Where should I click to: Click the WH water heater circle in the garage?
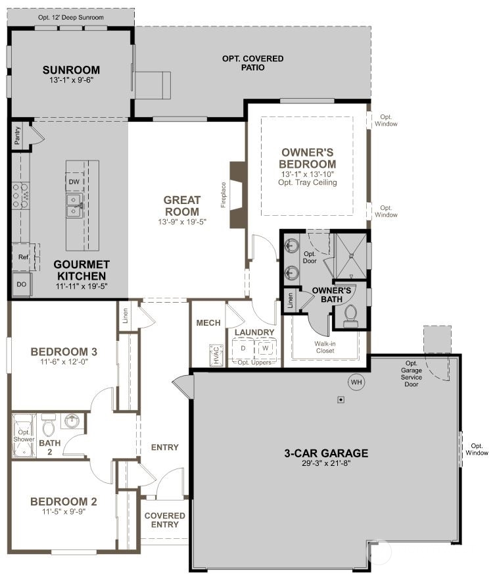pyautogui.click(x=356, y=382)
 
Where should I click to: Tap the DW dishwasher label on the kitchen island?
pyautogui.click(x=74, y=182)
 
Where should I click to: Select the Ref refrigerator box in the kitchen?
pyautogui.click(x=24, y=257)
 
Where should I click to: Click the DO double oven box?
pyautogui.click(x=22, y=284)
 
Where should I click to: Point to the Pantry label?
pyautogui.click(x=17, y=136)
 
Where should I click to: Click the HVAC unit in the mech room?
pyautogui.click(x=216, y=355)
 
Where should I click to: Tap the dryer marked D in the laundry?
pyautogui.click(x=243, y=348)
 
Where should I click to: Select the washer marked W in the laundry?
pyautogui.click(x=265, y=348)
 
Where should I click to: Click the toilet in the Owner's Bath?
pyautogui.click(x=351, y=315)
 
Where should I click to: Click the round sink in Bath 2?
pyautogui.click(x=72, y=421)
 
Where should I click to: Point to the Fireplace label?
pyautogui.click(x=224, y=195)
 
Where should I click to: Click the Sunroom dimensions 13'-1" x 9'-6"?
pyautogui.click(x=71, y=80)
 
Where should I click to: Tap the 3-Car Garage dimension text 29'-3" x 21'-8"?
pyautogui.click(x=327, y=463)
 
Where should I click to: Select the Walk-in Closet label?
pyautogui.click(x=325, y=347)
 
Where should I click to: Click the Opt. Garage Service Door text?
pyautogui.click(x=412, y=374)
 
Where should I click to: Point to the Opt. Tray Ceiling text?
pyautogui.click(x=308, y=182)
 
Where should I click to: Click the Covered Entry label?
pyautogui.click(x=165, y=520)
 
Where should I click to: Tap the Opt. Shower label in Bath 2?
pyautogui.click(x=24, y=436)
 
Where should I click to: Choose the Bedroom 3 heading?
pyautogui.click(x=64, y=352)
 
